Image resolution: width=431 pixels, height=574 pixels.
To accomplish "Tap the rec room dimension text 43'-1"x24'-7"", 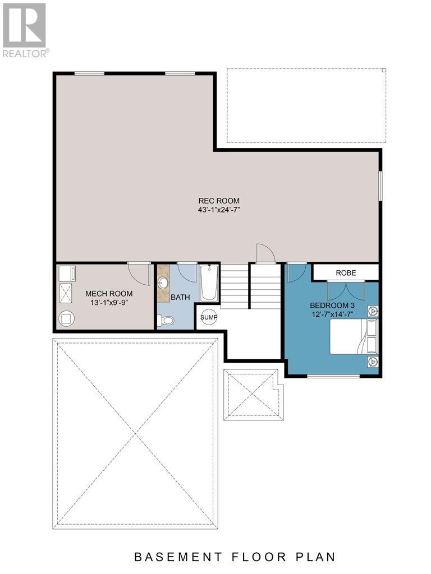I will [219, 210].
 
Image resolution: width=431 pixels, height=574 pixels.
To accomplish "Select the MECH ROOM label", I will [109, 293].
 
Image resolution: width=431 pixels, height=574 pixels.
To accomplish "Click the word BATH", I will [180, 297].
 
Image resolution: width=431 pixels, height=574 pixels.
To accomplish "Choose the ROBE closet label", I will [345, 273].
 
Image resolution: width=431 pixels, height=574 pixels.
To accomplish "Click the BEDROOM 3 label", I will [333, 305].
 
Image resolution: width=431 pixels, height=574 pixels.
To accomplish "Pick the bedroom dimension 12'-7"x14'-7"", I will [333, 314].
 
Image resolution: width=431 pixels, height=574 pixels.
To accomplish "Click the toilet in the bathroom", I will [166, 321].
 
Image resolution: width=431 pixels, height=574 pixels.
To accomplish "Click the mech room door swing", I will [139, 274].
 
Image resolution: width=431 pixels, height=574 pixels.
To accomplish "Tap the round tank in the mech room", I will [67, 318].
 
